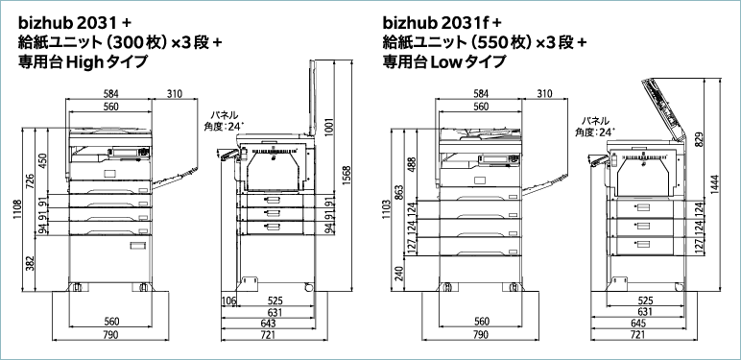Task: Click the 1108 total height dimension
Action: (18, 210)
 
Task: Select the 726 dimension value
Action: (31, 181)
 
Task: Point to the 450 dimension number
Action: (42, 160)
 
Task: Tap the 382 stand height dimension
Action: (31, 264)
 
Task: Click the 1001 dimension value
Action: (330, 126)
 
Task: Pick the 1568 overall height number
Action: (347, 176)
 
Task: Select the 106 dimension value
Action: (228, 300)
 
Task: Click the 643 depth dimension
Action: (269, 324)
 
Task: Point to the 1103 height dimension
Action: (386, 209)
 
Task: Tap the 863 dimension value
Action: (398, 193)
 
